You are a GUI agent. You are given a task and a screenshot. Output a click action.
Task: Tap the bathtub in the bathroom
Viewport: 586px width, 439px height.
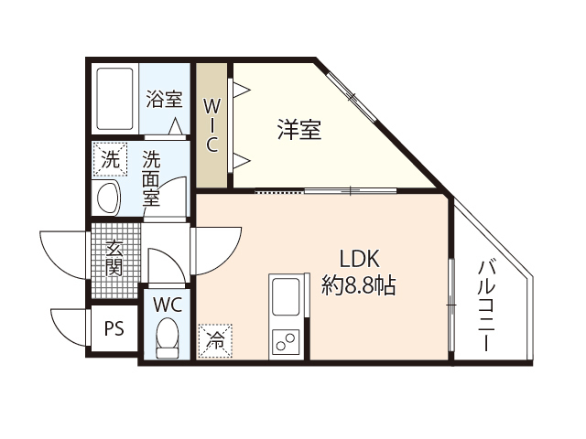pyautogui.click(x=116, y=97)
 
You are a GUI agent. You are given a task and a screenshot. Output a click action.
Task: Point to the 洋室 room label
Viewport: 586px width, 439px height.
pyautogui.click(x=299, y=130)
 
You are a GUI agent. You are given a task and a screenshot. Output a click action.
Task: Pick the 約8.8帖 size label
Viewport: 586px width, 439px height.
pyautogui.click(x=359, y=285)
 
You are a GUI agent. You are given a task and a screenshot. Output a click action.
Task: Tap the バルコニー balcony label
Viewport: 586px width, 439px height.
pyautogui.click(x=487, y=306)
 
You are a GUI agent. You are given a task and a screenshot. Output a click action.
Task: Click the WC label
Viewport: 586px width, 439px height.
pyautogui.click(x=167, y=303)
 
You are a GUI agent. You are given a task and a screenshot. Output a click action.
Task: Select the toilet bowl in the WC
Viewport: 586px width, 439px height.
pyautogui.click(x=167, y=337)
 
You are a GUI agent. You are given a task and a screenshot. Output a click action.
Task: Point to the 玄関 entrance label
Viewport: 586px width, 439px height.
pyautogui.click(x=114, y=257)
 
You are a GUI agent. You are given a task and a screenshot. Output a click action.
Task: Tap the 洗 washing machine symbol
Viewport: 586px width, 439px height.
pyautogui.click(x=110, y=159)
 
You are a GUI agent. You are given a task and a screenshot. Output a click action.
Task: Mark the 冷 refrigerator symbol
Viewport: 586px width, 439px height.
pyautogui.click(x=216, y=341)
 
